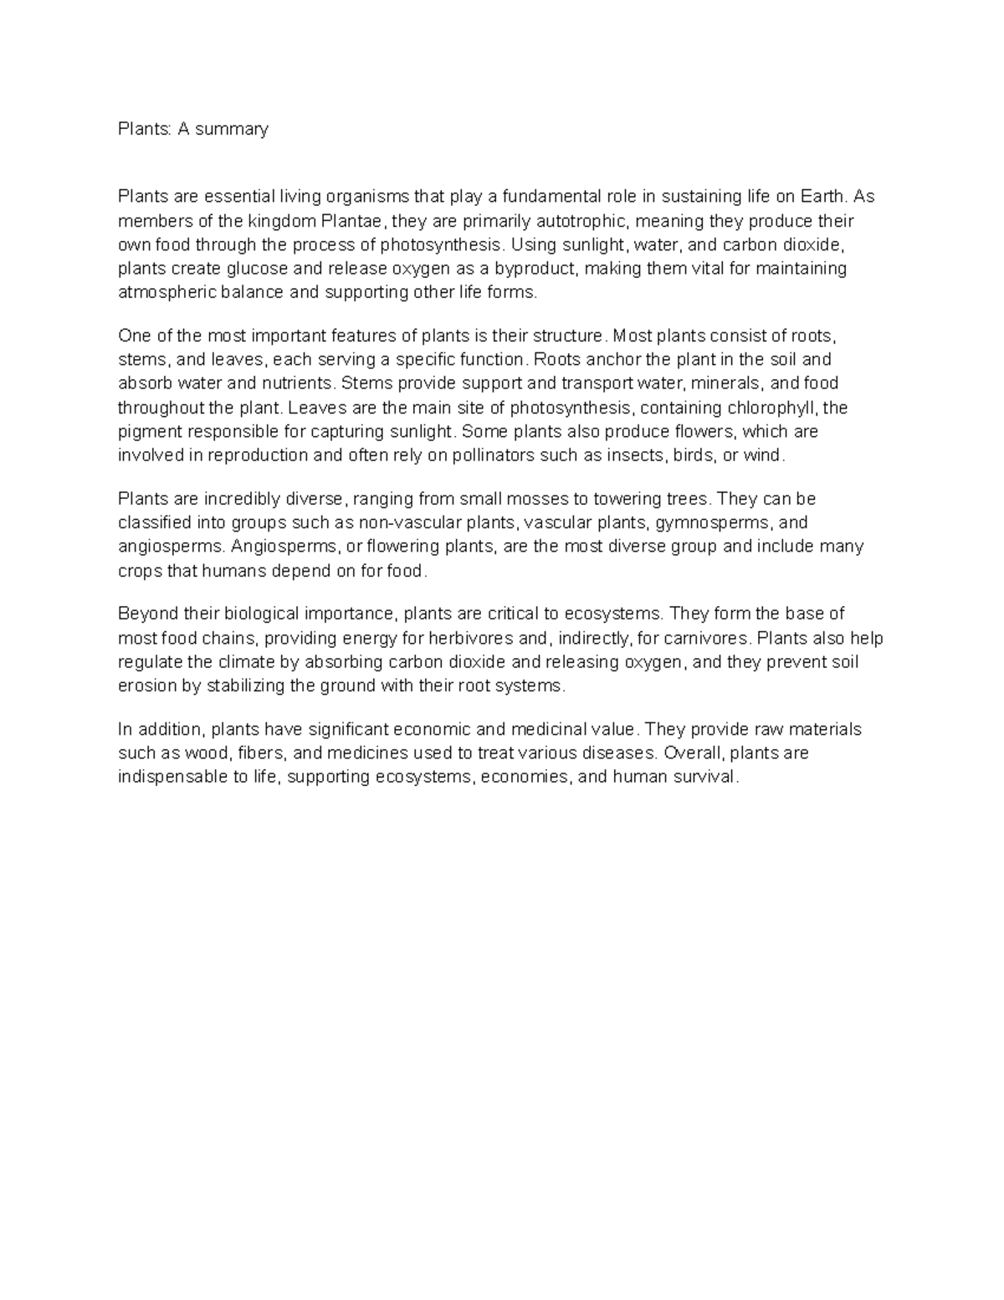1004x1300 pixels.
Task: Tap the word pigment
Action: click(x=148, y=432)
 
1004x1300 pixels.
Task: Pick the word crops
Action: click(x=141, y=572)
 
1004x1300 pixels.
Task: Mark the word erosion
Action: click(x=147, y=686)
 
